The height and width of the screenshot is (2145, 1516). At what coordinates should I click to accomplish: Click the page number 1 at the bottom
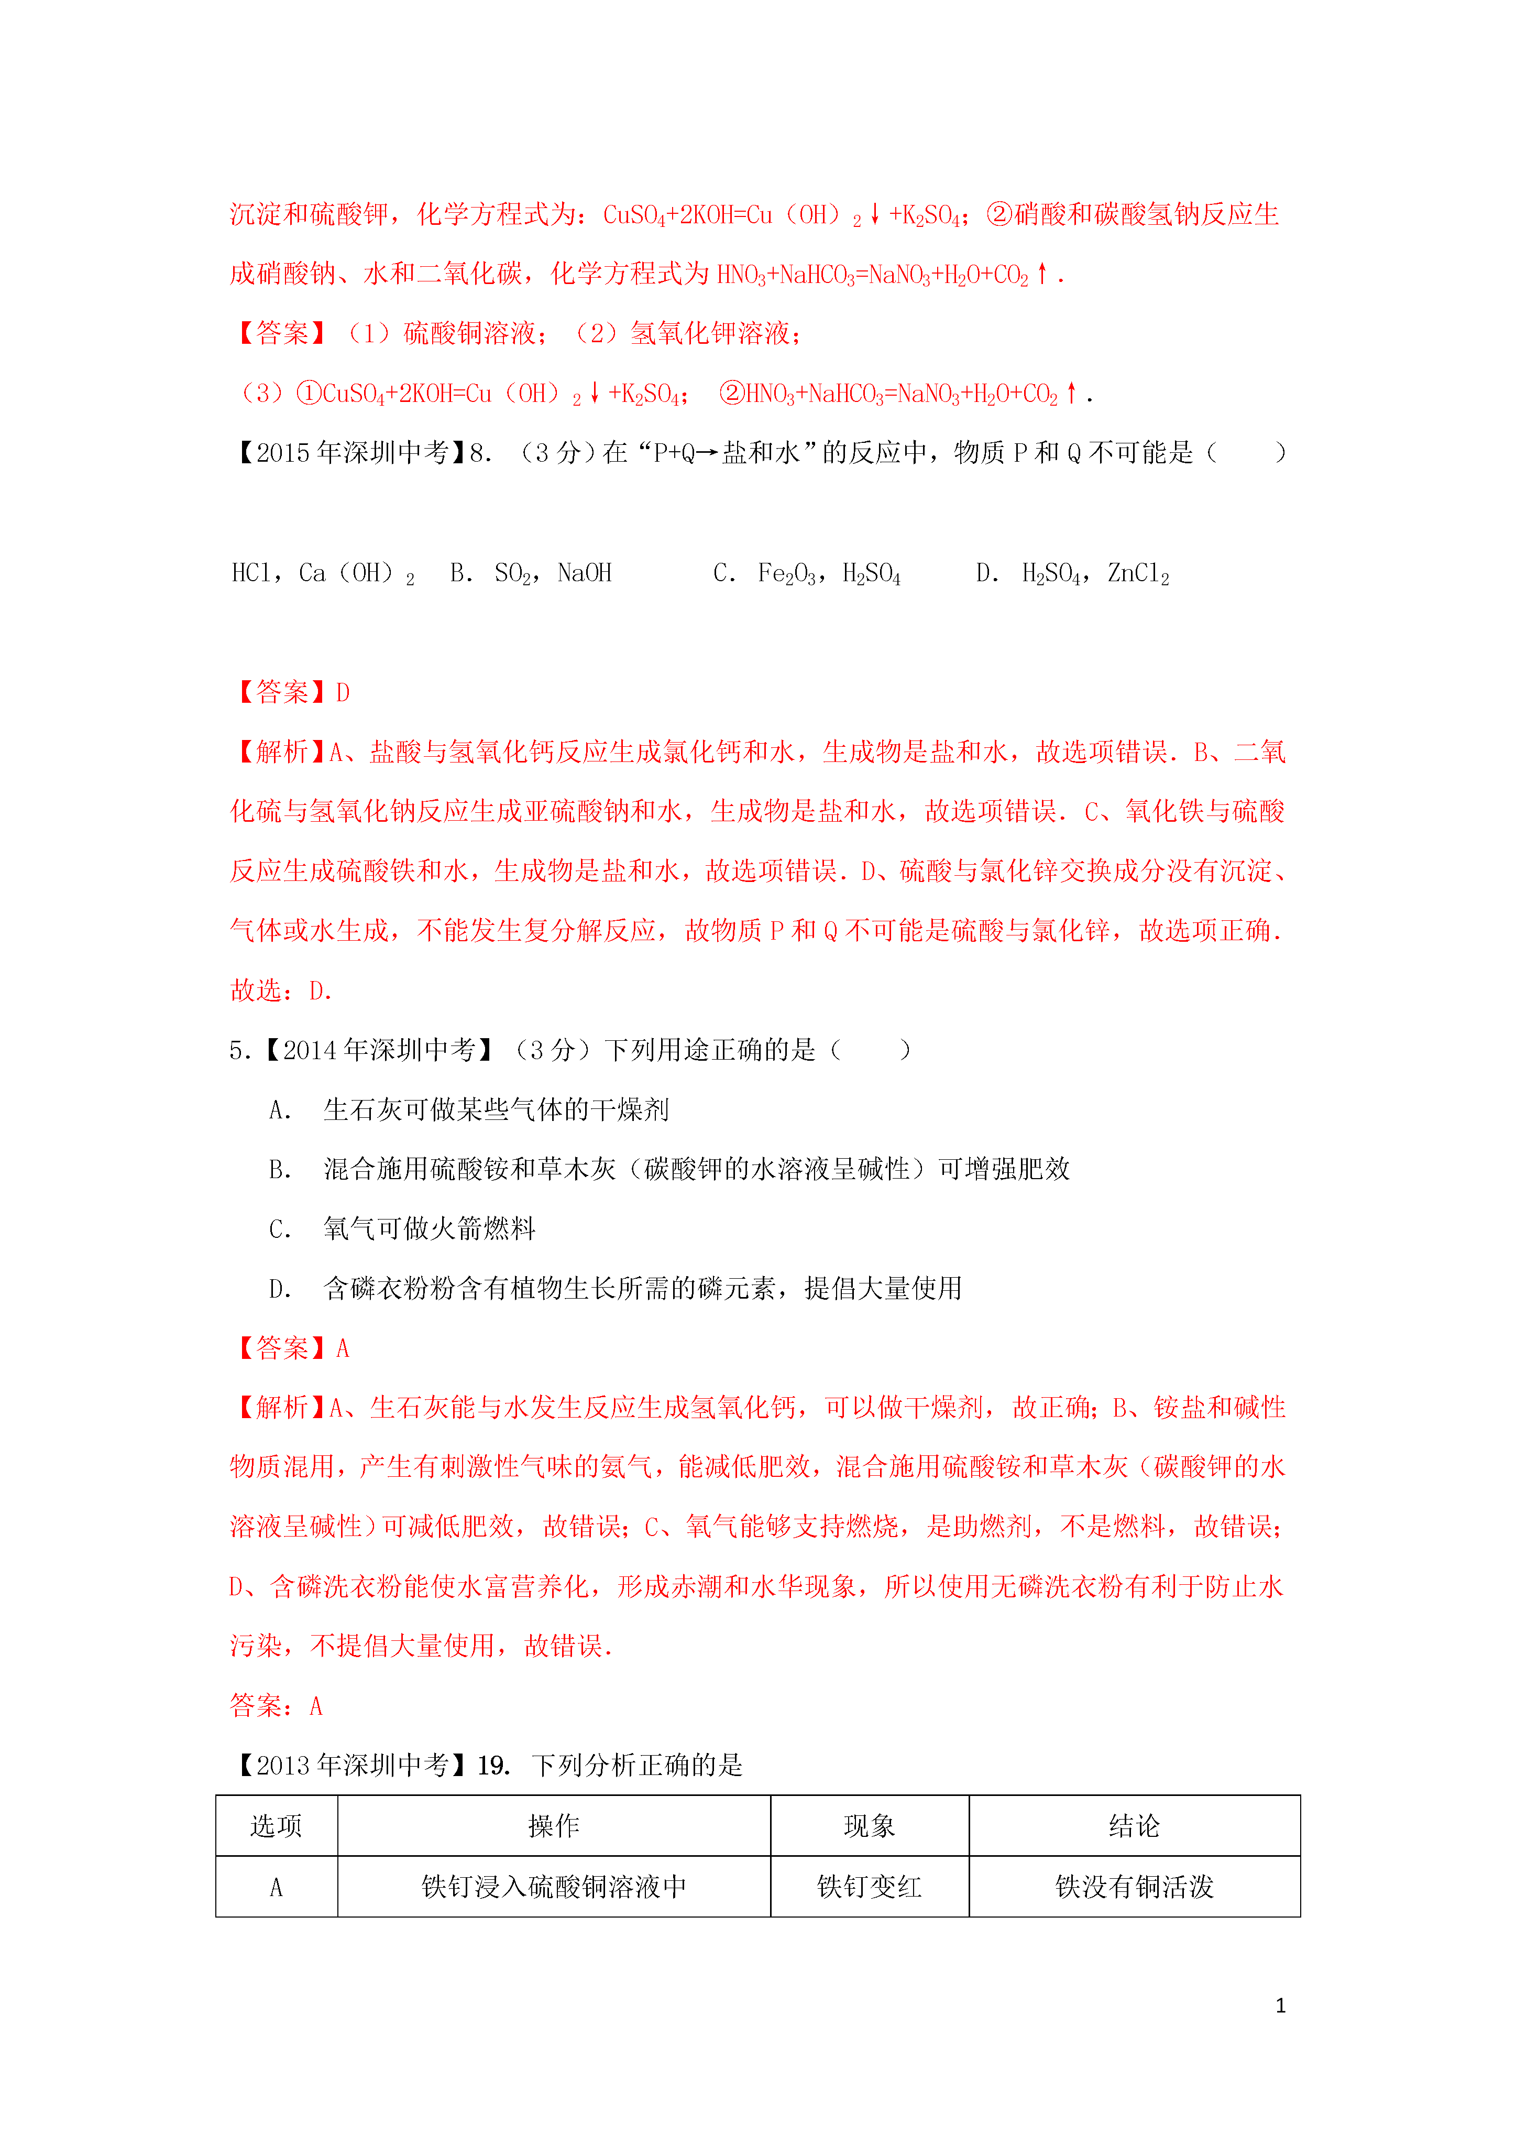(1280, 2005)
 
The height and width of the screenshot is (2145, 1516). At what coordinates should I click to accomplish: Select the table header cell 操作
(553, 1825)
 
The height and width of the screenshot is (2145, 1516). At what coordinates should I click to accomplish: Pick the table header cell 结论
(1134, 1825)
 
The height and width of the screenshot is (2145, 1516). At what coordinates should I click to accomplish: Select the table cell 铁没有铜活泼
(1134, 1886)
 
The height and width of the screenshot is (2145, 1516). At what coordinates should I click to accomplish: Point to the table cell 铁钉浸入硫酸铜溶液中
(553, 1886)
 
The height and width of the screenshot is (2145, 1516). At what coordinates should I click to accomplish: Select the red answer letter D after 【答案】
(343, 692)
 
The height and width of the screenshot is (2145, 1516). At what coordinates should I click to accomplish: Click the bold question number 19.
(492, 1765)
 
